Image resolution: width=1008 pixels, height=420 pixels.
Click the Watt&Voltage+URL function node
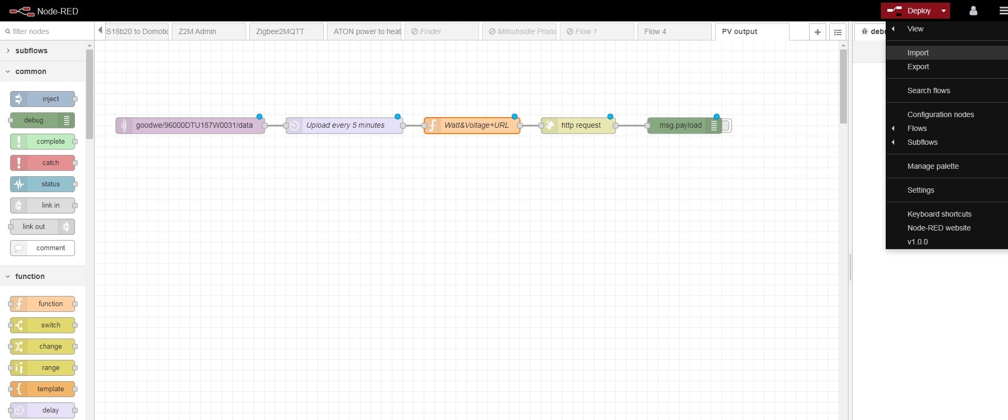[x=472, y=126]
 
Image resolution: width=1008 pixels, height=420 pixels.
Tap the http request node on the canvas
[x=578, y=126]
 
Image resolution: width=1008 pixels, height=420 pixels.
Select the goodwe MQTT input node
[x=190, y=126]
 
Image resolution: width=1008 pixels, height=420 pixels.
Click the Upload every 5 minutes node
[x=345, y=126]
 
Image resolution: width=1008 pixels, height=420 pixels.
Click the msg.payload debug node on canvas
[x=685, y=126]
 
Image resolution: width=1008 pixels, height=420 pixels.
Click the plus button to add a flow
[x=818, y=32]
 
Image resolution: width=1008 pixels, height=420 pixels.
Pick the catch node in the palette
[x=43, y=163]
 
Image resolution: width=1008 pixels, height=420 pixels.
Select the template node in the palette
[x=43, y=389]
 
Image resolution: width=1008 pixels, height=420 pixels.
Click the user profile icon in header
[x=973, y=11]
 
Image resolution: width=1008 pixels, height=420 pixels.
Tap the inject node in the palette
[x=43, y=99]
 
